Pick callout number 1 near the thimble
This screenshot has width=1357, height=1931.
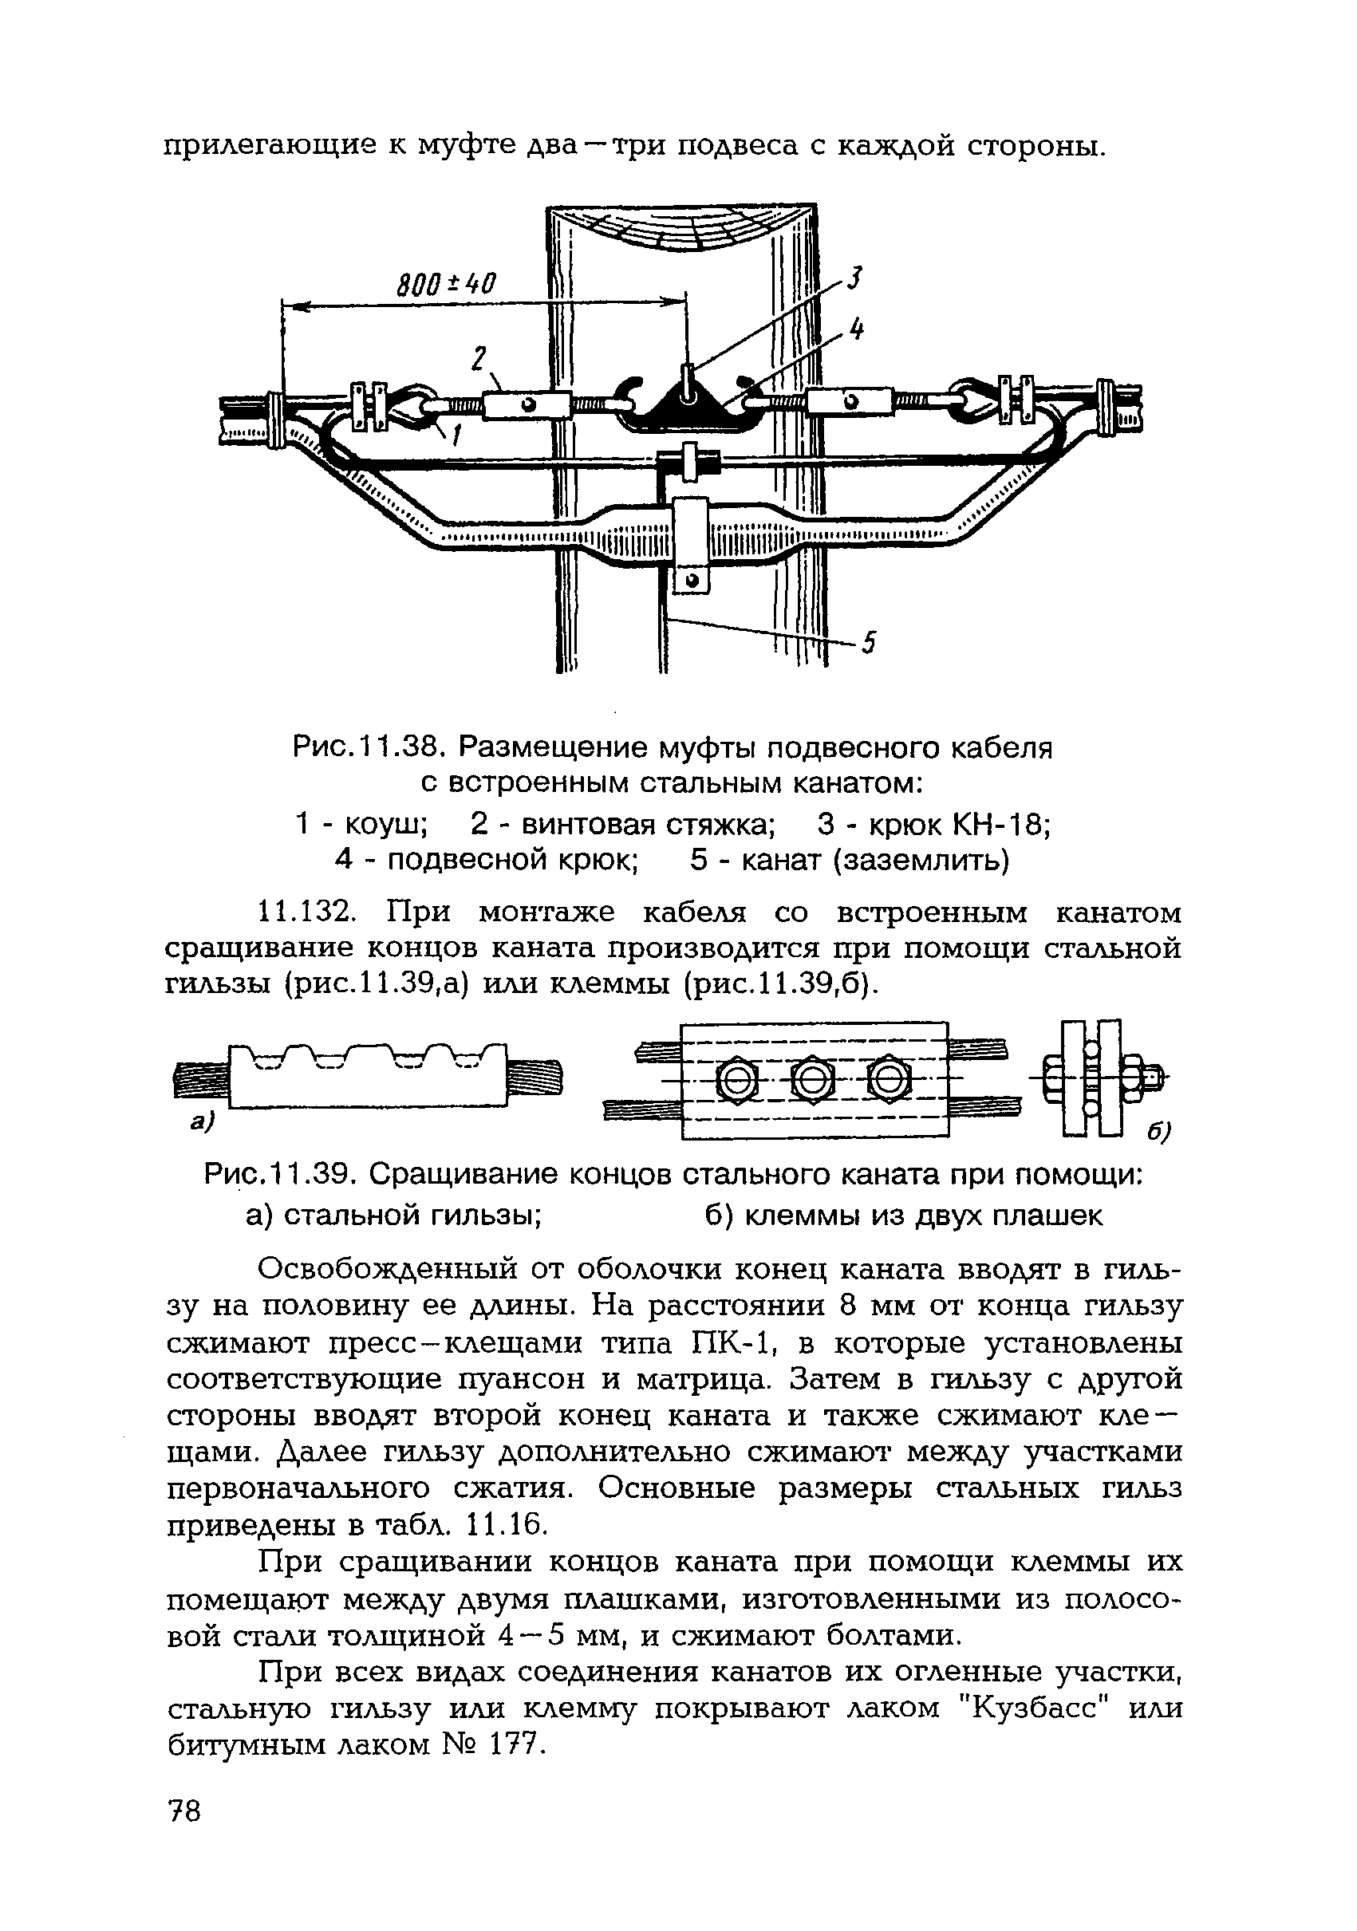click(x=454, y=435)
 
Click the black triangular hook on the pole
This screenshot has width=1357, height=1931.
click(x=688, y=407)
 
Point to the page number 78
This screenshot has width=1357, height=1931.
click(x=184, y=1810)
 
